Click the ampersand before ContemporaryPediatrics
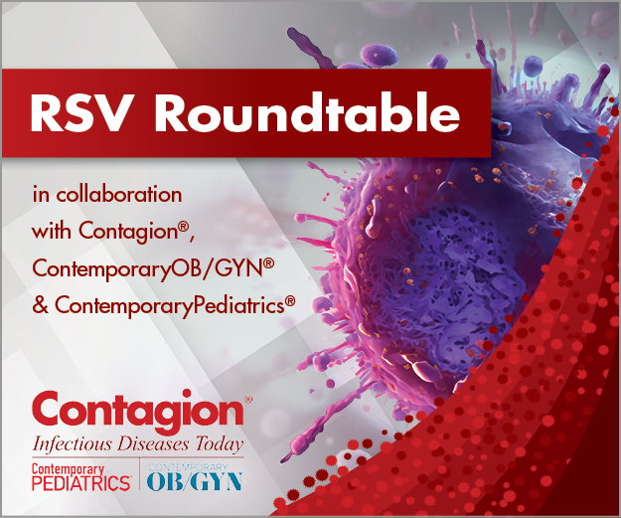[x=41, y=306]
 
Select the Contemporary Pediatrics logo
[x=80, y=476]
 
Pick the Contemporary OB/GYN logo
[x=194, y=476]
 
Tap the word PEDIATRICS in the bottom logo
[x=80, y=483]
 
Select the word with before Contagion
[x=51, y=232]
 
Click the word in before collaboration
[x=40, y=194]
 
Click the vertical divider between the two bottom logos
[x=138, y=476]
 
